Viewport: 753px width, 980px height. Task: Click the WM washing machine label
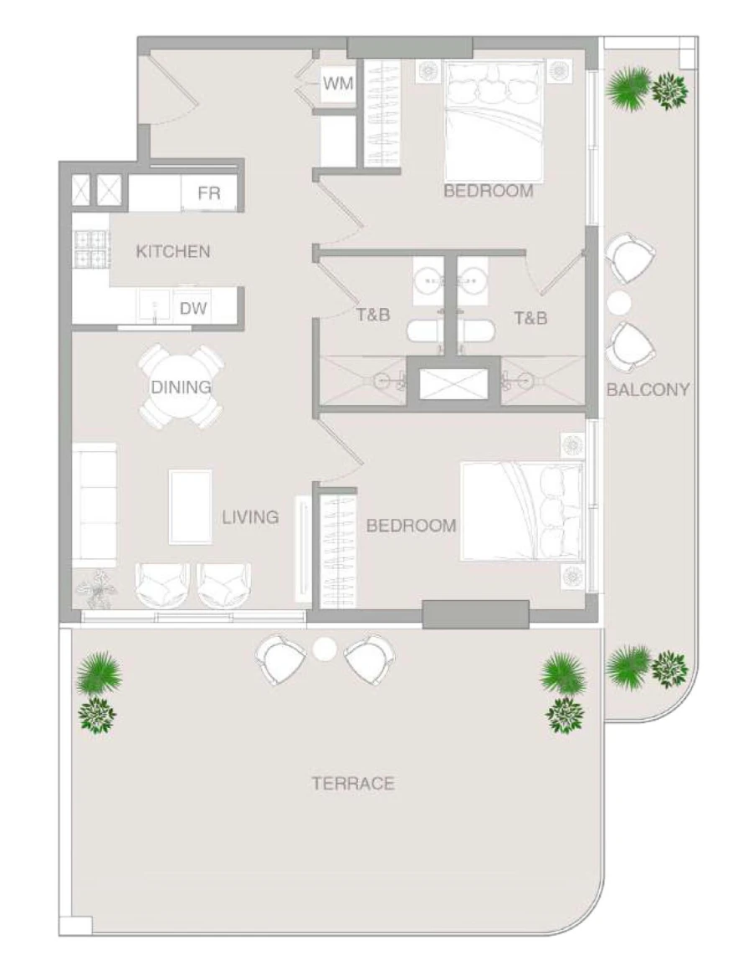coord(338,84)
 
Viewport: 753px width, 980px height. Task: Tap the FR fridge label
coord(209,194)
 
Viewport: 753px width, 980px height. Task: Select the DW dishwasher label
coord(193,309)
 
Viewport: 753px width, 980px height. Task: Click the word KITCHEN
coord(173,251)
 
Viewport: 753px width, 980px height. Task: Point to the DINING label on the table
coord(181,387)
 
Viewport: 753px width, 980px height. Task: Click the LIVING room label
coord(250,517)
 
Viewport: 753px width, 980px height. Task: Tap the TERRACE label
coord(353,784)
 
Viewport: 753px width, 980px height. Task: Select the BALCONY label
coord(648,389)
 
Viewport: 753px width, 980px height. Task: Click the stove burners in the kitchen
coord(92,249)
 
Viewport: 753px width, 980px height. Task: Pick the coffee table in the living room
coord(190,507)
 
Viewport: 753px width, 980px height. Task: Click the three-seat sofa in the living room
coord(94,505)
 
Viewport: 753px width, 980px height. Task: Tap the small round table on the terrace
coord(324,649)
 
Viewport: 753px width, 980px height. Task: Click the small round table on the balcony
coord(620,301)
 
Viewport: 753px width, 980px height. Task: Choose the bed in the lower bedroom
coord(521,511)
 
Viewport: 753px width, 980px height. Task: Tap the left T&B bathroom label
coord(373,317)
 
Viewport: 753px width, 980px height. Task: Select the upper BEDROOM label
coord(488,191)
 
